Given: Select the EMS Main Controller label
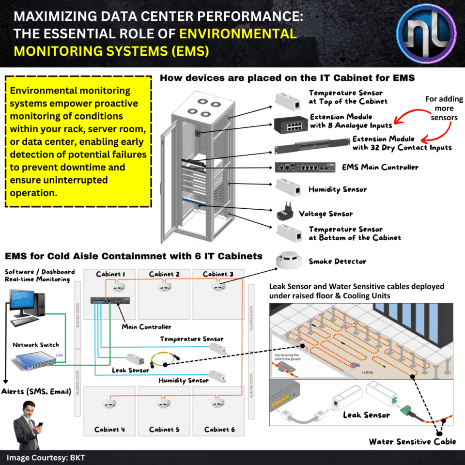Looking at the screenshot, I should pos(380,167).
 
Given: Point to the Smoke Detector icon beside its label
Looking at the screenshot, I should pos(289,261).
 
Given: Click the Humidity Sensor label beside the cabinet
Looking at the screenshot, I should pos(338,190).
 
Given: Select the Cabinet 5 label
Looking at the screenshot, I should pos(165,429).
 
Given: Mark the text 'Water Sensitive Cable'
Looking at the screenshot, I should pos(412,441).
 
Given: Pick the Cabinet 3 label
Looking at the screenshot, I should pos(218,274).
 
